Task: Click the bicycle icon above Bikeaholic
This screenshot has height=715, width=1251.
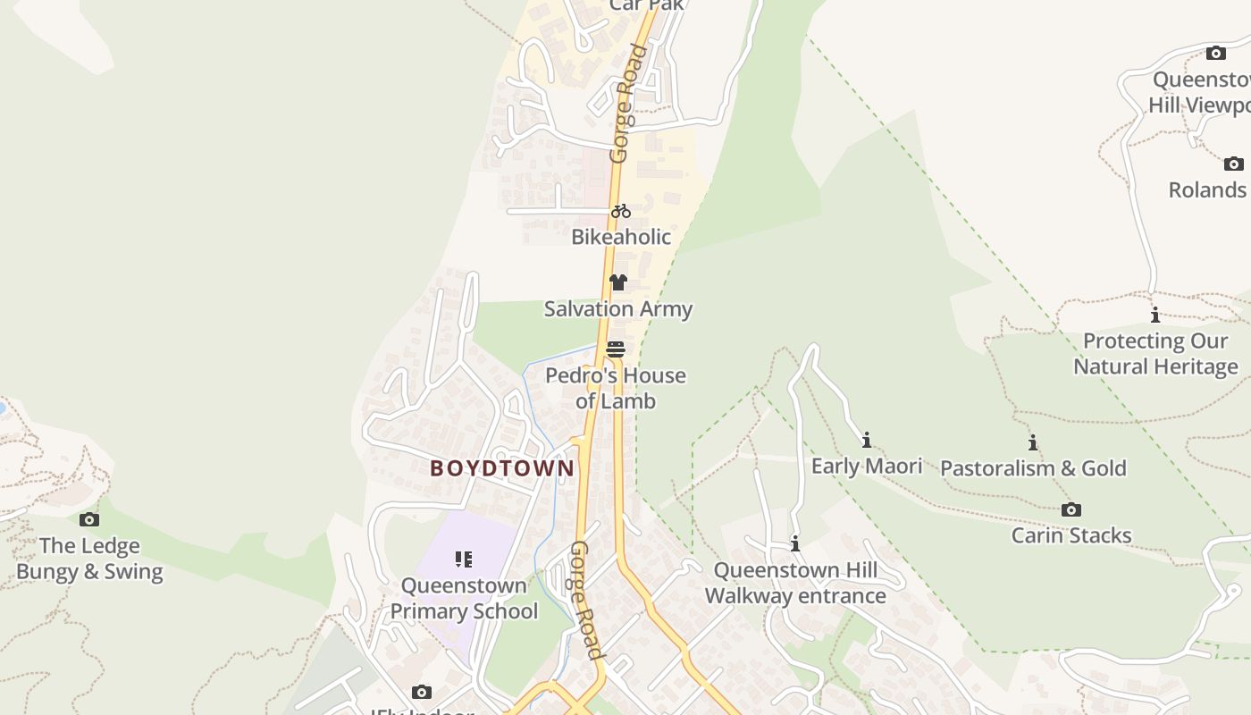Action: (x=621, y=211)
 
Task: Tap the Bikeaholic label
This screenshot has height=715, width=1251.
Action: (x=621, y=237)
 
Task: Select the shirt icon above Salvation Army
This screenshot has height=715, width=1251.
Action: (x=617, y=282)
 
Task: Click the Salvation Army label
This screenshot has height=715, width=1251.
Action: (x=618, y=309)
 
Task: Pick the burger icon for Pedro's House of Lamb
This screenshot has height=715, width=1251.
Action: (x=615, y=349)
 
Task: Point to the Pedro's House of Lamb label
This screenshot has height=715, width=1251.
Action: (x=616, y=388)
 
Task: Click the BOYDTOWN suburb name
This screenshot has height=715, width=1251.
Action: (x=502, y=468)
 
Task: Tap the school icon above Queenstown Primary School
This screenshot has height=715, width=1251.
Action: (x=463, y=559)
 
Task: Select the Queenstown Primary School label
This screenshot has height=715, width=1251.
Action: (x=464, y=598)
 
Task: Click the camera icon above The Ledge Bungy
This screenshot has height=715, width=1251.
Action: (x=89, y=519)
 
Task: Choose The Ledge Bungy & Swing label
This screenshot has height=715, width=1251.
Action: (x=89, y=559)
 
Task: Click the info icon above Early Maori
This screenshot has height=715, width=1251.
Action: (x=866, y=440)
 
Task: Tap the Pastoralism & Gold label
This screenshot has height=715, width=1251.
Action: (x=1033, y=468)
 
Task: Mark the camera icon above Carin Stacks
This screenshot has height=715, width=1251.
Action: (x=1070, y=509)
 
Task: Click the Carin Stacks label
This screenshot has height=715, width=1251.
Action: (x=1071, y=535)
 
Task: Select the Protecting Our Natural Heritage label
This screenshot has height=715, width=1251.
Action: (x=1155, y=353)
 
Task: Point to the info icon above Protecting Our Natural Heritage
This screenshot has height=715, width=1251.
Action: (x=1155, y=315)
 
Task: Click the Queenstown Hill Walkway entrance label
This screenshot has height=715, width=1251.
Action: (x=795, y=583)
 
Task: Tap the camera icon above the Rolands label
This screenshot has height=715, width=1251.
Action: (x=1233, y=164)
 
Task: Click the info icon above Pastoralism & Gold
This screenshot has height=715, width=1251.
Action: (x=1033, y=442)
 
